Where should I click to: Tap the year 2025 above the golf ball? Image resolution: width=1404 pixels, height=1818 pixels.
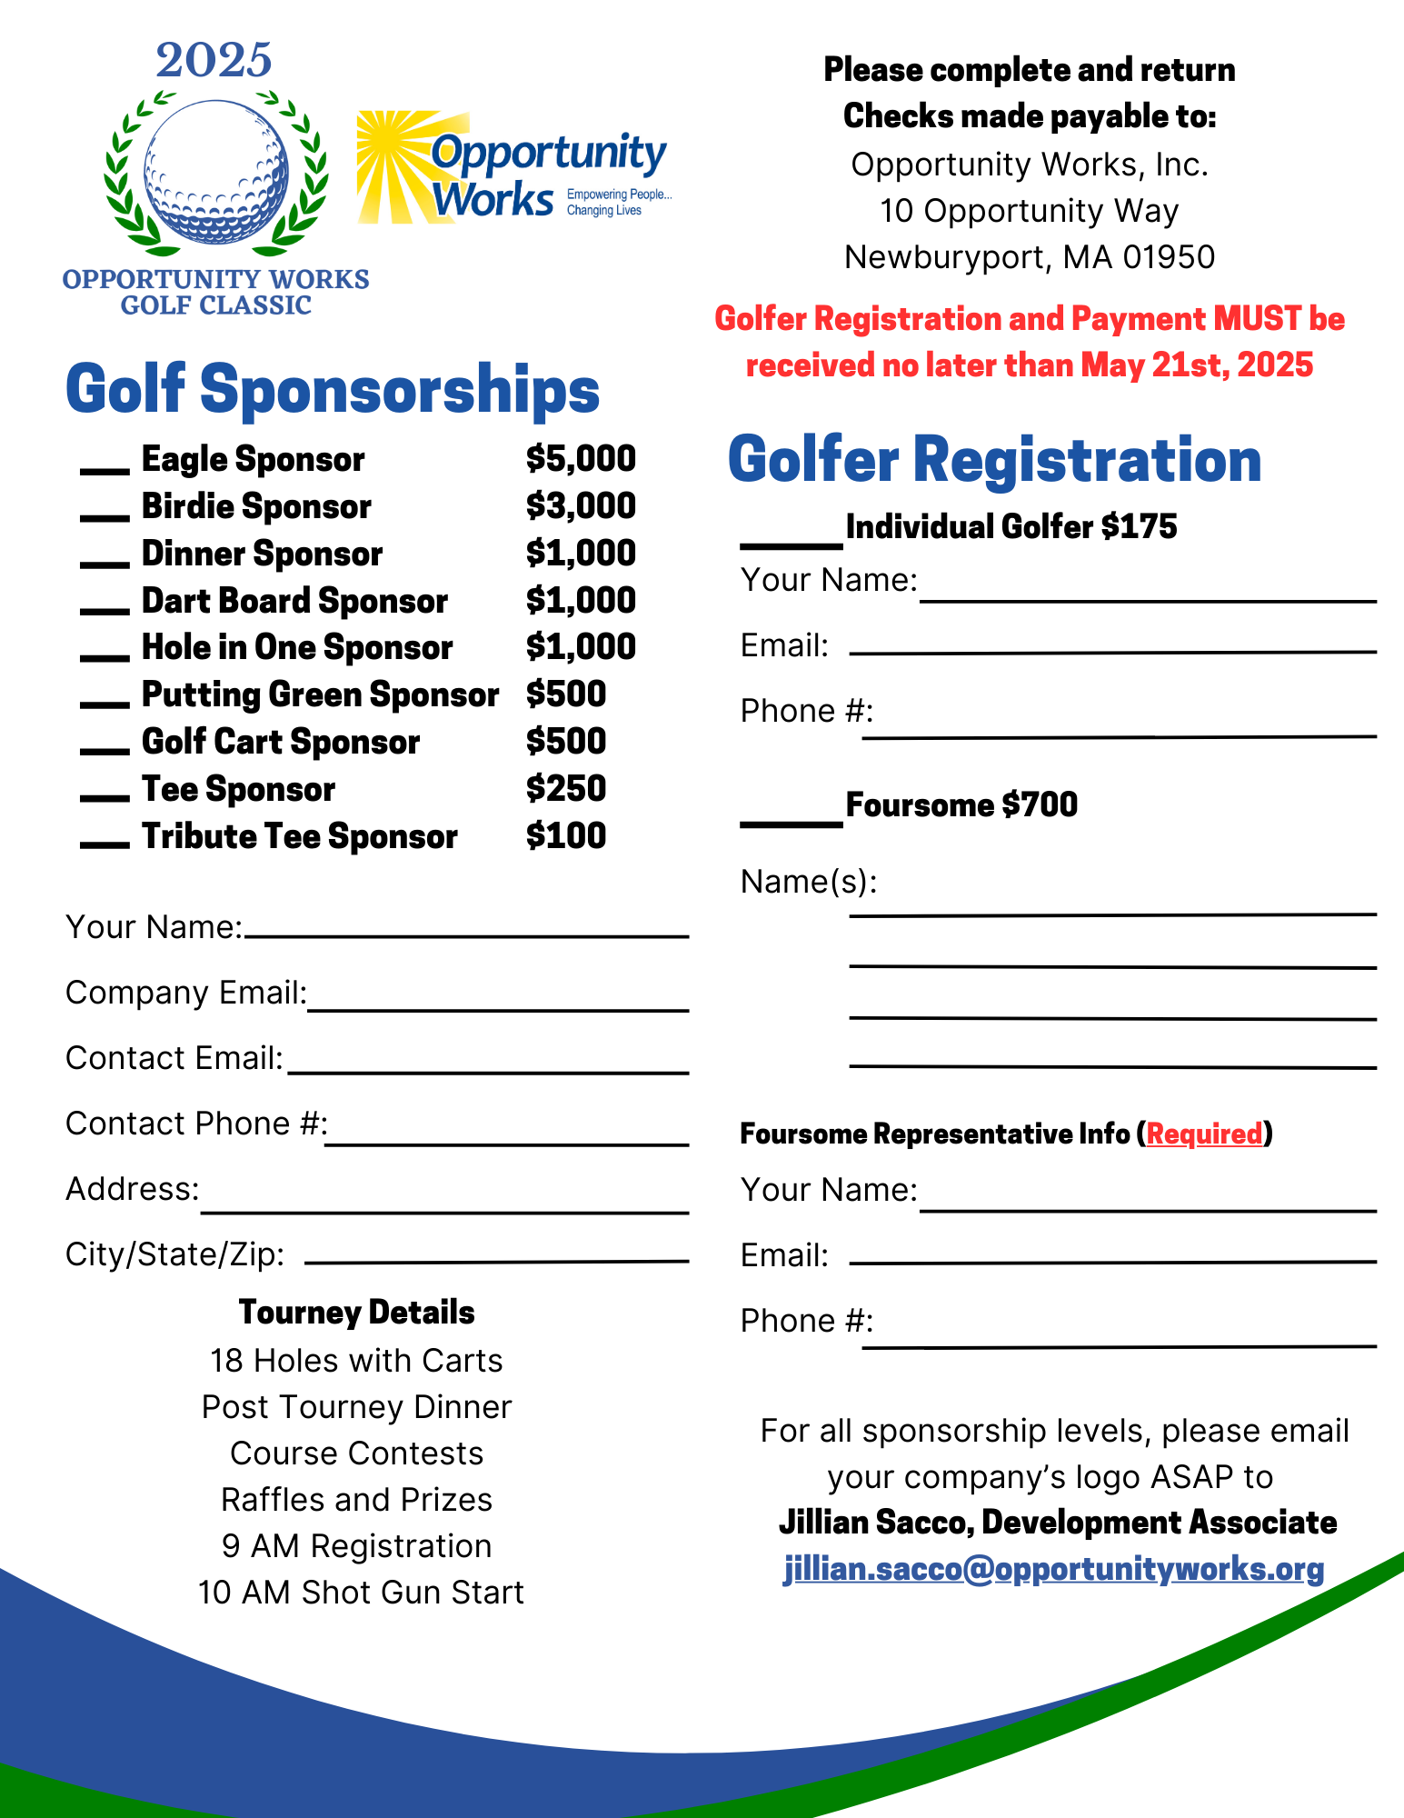[214, 61]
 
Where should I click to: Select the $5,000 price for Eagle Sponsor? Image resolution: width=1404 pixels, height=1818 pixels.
[581, 459]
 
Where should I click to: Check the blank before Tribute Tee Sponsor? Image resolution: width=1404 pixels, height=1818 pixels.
[105, 844]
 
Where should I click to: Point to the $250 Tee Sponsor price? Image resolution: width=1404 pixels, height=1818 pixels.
[565, 789]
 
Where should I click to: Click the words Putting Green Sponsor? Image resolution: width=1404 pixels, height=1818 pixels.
[320, 695]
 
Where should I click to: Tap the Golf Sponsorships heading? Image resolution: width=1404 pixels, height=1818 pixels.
[333, 389]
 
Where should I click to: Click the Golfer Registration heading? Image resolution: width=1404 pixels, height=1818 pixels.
[994, 460]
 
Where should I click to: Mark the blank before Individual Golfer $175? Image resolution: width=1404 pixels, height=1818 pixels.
[791, 544]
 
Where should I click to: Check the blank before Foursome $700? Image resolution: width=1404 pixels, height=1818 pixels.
[791, 823]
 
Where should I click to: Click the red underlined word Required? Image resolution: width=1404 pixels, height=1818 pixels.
[1204, 1134]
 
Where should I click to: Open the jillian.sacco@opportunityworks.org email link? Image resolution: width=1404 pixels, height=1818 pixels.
[1053, 1570]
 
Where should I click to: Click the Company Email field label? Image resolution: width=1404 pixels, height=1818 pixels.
[186, 993]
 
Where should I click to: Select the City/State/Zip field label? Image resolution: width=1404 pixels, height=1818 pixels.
[174, 1254]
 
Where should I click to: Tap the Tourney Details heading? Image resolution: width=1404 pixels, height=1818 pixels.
[356, 1313]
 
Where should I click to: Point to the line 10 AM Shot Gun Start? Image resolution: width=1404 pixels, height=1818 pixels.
[361, 1593]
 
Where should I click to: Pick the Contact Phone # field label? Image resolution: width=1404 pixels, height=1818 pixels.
[196, 1124]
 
